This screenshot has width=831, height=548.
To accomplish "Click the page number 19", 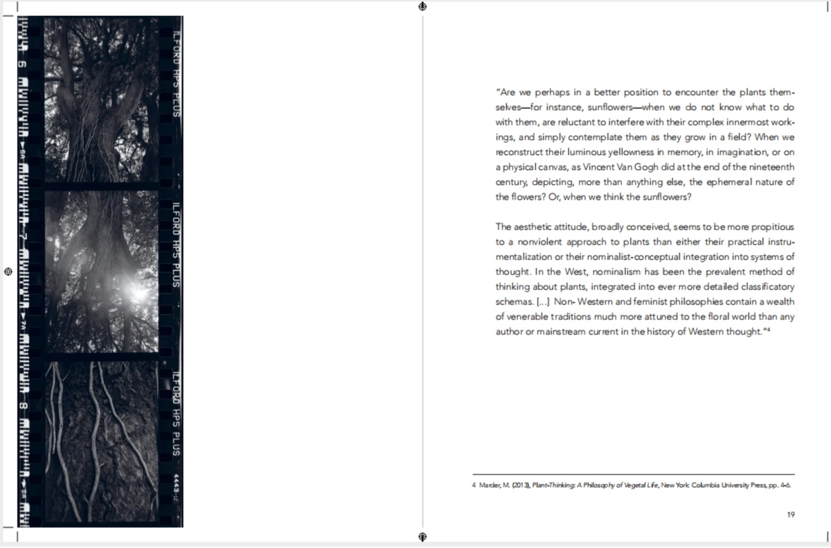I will pyautogui.click(x=790, y=514).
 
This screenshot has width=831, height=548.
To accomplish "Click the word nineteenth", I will pyautogui.click(x=771, y=167).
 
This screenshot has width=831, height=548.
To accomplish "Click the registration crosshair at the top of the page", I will pyautogui.click(x=422, y=7).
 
